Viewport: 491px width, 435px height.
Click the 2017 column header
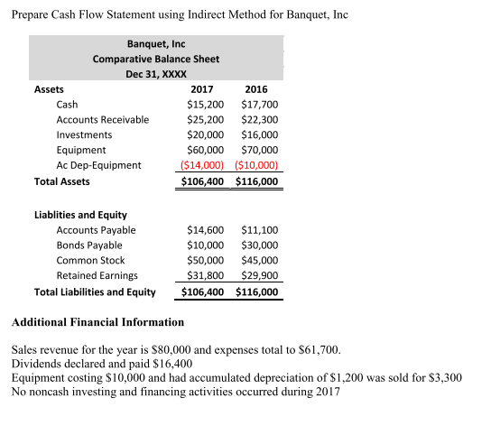pyautogui.click(x=202, y=89)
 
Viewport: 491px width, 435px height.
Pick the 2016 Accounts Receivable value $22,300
pyautogui.click(x=260, y=119)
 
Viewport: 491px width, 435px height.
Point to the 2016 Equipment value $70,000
pyautogui.click(x=260, y=150)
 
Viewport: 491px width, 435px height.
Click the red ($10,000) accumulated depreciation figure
pyautogui.click(x=258, y=165)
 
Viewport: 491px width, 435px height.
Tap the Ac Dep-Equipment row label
pyautogui.click(x=98, y=165)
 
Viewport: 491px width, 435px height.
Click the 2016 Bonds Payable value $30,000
pyautogui.click(x=260, y=245)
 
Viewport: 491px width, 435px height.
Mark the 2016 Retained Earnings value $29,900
pyautogui.click(x=260, y=275)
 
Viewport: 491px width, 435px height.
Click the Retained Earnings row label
pyautogui.click(x=97, y=275)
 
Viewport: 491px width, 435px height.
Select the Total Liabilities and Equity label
pyautogui.click(x=94, y=292)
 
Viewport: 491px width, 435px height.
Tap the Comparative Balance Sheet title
pyautogui.click(x=155, y=59)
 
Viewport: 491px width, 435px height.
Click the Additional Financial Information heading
pyautogui.click(x=97, y=322)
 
